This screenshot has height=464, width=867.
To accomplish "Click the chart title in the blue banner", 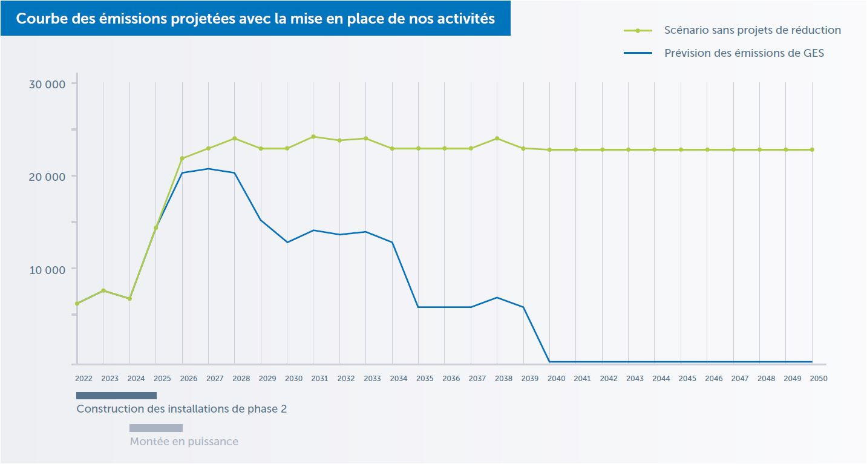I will [255, 19].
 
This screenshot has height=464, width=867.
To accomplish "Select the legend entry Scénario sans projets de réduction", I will [752, 30].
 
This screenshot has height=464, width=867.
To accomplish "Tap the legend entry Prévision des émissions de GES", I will [744, 53].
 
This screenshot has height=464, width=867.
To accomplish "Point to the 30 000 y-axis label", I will [47, 84].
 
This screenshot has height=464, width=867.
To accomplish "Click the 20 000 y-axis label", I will [47, 177].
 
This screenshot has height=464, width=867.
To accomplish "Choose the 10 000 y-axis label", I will [47, 270].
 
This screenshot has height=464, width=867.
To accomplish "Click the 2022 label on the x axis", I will [83, 379].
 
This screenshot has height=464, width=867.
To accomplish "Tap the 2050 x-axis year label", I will [819, 379].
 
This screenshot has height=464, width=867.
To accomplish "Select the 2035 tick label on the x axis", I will [425, 379].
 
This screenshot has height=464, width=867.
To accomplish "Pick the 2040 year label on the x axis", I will [556, 379].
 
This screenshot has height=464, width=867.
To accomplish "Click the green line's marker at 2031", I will [313, 137].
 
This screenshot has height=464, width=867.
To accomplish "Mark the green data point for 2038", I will [497, 139].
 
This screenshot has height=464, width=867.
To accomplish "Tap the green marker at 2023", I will [103, 290].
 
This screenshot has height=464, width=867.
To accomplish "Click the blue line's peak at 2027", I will [209, 169].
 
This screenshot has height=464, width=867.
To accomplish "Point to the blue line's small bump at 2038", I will [497, 298].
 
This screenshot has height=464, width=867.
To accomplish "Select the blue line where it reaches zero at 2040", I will [549, 362].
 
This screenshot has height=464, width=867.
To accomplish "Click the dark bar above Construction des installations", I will [116, 396].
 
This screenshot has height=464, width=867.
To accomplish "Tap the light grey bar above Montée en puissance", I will [156, 428].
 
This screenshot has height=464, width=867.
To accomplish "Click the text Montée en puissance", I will [184, 442].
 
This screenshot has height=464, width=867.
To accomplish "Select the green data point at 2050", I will [812, 149].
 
